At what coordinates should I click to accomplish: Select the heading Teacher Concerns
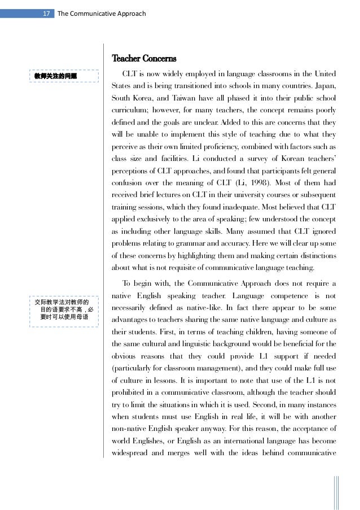(144, 59)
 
